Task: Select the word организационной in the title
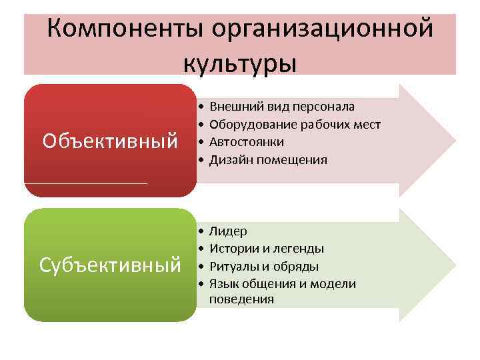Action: [323, 29]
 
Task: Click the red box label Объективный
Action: [110, 141]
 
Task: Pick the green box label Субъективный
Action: [110, 265]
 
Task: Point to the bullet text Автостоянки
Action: [247, 141]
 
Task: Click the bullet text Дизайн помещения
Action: [268, 159]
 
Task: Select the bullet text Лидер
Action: [228, 231]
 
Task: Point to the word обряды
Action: [293, 267]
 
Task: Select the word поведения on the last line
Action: [241, 299]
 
